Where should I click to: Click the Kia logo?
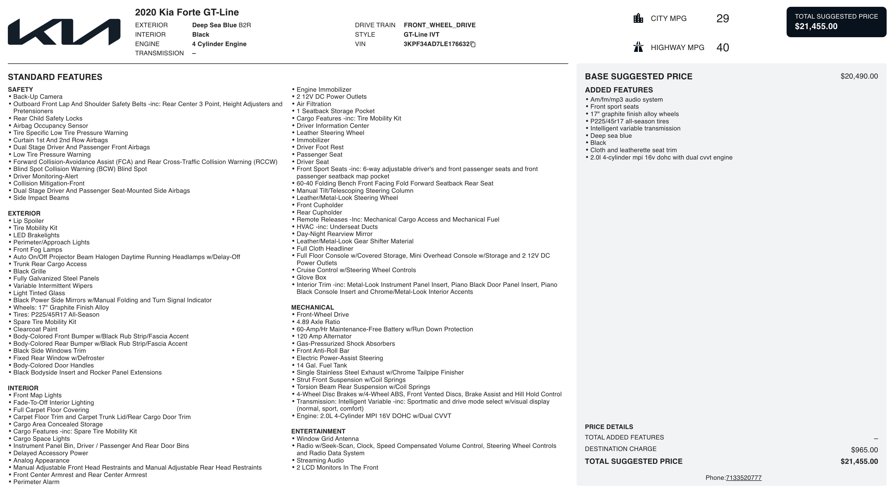(x=64, y=32)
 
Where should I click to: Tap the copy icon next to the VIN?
(x=473, y=44)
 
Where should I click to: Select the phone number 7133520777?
(x=743, y=478)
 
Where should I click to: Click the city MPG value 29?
(x=723, y=18)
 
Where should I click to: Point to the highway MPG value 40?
(x=723, y=47)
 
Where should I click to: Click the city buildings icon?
(x=638, y=18)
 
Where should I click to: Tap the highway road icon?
(x=638, y=47)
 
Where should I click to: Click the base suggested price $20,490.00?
(x=859, y=76)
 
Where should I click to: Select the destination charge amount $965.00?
(x=864, y=450)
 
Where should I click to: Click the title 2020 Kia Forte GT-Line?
(x=187, y=13)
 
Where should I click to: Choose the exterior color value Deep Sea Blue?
(x=214, y=25)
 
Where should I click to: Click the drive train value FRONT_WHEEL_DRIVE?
(x=439, y=25)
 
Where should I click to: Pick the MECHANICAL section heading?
(x=312, y=307)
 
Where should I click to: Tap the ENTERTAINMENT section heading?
(x=318, y=431)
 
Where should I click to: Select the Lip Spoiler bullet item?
(x=29, y=221)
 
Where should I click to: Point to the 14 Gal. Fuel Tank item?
(x=321, y=365)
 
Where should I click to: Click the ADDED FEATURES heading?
(x=619, y=90)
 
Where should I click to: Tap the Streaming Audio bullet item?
(x=320, y=460)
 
